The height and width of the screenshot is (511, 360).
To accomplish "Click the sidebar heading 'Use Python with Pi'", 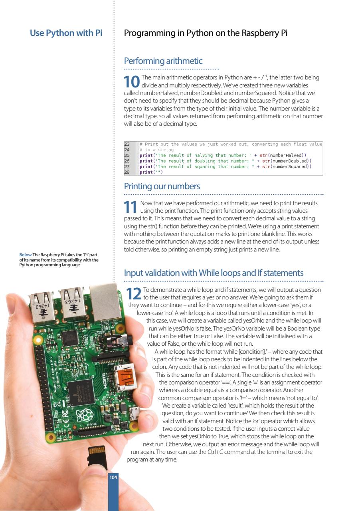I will tap(66, 33).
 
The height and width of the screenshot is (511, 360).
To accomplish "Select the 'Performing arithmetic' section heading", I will tap(163, 61).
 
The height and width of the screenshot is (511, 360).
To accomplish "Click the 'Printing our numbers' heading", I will tap(162, 186).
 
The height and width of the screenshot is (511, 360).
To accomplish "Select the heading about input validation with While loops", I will tap(214, 273).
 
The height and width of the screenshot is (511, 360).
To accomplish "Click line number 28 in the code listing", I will tap(128, 172).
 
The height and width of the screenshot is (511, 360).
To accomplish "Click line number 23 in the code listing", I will tap(128, 144).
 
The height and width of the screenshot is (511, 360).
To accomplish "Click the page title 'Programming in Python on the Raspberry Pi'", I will tap(206, 33).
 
